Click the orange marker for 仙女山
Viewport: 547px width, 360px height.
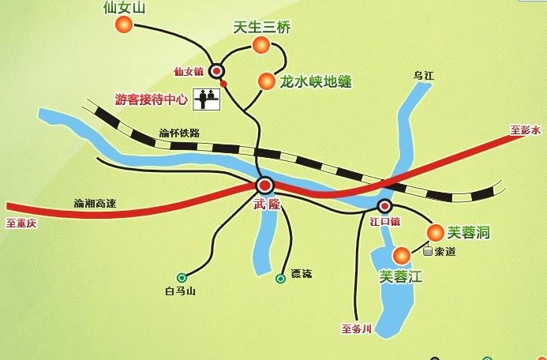point(124,25)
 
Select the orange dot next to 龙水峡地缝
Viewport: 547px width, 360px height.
point(266,80)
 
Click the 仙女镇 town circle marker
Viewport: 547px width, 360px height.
point(215,71)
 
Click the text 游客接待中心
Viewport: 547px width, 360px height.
point(152,100)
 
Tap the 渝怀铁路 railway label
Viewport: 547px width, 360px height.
point(180,132)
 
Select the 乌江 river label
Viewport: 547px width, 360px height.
point(425,76)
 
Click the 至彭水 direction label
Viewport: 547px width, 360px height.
point(525,129)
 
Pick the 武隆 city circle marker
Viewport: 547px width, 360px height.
point(264,186)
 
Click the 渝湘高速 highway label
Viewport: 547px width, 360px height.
point(95,204)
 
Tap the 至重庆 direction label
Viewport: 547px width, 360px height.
point(21,223)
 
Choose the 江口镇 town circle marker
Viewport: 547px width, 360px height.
point(384,207)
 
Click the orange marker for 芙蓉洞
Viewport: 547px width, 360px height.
point(435,232)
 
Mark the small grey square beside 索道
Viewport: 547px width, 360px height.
point(428,253)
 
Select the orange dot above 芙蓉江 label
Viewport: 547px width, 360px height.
point(402,255)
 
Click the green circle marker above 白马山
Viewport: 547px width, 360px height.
point(182,277)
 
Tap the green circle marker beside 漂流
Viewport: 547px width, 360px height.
point(280,278)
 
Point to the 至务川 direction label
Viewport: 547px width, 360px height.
point(356,328)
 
